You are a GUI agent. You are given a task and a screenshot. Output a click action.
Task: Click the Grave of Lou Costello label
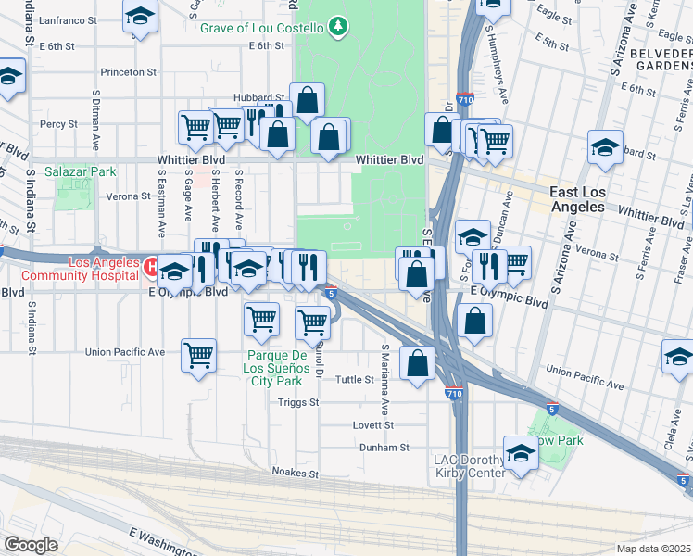pos(262,27)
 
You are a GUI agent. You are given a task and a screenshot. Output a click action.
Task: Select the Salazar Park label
pos(84,171)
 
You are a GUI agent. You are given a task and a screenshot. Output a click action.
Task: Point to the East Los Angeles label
pos(590,198)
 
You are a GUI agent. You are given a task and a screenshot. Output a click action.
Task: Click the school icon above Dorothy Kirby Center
pos(521,454)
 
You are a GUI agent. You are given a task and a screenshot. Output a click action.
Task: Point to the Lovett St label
pos(373,425)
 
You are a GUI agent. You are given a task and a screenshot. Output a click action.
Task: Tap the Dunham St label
pos(384,448)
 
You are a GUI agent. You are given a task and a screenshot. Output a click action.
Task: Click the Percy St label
pos(57,123)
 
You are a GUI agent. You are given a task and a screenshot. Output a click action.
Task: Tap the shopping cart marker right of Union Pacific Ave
pos(198,355)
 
